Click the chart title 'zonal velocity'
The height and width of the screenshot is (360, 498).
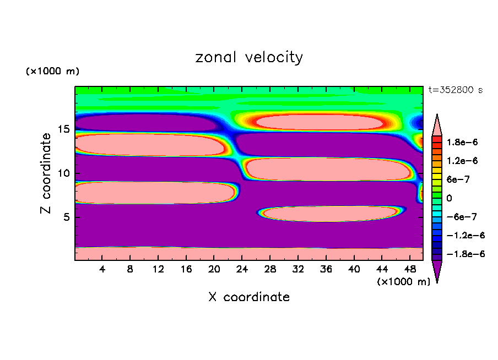tap(249, 57)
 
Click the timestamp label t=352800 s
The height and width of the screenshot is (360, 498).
tap(455, 90)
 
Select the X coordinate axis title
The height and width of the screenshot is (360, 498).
tap(249, 297)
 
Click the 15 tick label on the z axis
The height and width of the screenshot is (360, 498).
tap(63, 129)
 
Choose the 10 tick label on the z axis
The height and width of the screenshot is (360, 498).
tap(63, 173)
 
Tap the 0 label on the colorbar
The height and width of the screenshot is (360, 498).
tap(448, 198)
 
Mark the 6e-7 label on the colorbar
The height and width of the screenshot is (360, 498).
tap(458, 179)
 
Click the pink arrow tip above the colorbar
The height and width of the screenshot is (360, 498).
tap(437, 123)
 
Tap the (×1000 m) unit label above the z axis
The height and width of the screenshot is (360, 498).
tap(52, 72)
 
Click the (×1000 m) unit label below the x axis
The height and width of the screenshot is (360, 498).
tap(403, 281)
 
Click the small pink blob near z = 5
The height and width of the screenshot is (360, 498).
tap(329, 214)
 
